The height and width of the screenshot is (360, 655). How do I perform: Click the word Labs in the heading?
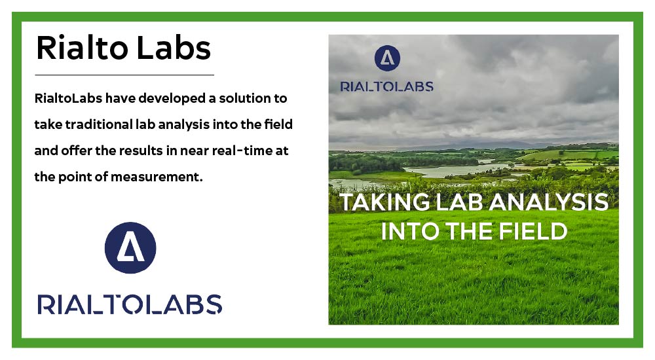coord(174,48)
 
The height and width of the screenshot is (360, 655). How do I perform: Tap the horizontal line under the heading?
coord(124,75)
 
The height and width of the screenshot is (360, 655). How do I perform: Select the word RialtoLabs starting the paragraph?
coord(68,98)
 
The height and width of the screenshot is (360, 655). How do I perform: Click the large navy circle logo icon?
coord(130,247)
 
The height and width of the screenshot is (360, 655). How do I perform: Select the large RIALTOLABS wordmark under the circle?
coord(130,304)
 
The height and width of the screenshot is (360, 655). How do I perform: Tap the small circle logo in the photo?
coord(387,58)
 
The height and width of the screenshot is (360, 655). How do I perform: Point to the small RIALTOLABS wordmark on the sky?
coord(387,86)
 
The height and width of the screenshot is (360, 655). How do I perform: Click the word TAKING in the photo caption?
coord(384,202)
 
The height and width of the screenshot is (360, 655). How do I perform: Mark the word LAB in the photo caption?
coord(459,202)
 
